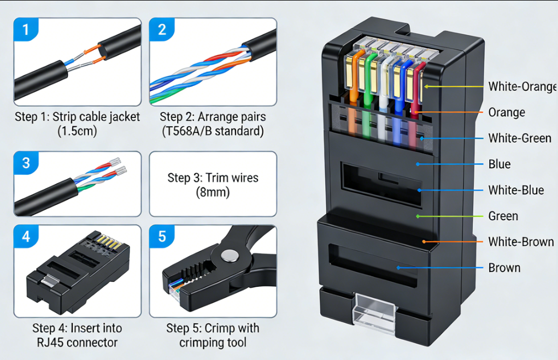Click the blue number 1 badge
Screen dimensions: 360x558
(x=26, y=29)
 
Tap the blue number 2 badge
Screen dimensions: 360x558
(x=162, y=29)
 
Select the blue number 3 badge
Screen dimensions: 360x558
(x=26, y=162)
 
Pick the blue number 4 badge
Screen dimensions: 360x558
(x=26, y=237)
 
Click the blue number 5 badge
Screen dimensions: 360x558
(x=162, y=237)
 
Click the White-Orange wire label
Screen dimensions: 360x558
(x=522, y=86)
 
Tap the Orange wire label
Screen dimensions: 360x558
(x=507, y=113)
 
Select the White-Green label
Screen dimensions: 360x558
(x=520, y=138)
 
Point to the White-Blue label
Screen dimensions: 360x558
(x=516, y=190)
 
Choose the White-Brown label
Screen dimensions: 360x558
(x=521, y=241)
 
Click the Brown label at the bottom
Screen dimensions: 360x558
(x=504, y=268)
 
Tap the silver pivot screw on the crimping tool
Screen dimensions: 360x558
(x=230, y=256)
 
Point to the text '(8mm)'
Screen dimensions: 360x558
(x=213, y=192)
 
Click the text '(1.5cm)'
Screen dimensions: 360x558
(x=77, y=131)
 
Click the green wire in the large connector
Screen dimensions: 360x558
(x=372, y=82)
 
